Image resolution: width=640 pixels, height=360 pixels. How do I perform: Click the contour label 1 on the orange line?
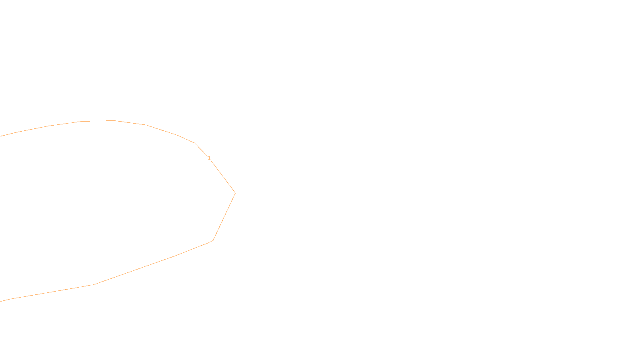209,158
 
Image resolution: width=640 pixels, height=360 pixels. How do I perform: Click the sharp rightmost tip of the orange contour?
235,193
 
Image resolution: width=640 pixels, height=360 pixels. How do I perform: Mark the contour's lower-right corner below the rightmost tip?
213,240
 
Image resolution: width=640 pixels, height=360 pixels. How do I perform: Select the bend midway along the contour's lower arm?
94,284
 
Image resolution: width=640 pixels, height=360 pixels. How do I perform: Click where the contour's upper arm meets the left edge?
1,136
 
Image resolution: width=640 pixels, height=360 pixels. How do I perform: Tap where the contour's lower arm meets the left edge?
1,301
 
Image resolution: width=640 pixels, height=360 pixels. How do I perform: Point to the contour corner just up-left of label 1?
194,143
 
